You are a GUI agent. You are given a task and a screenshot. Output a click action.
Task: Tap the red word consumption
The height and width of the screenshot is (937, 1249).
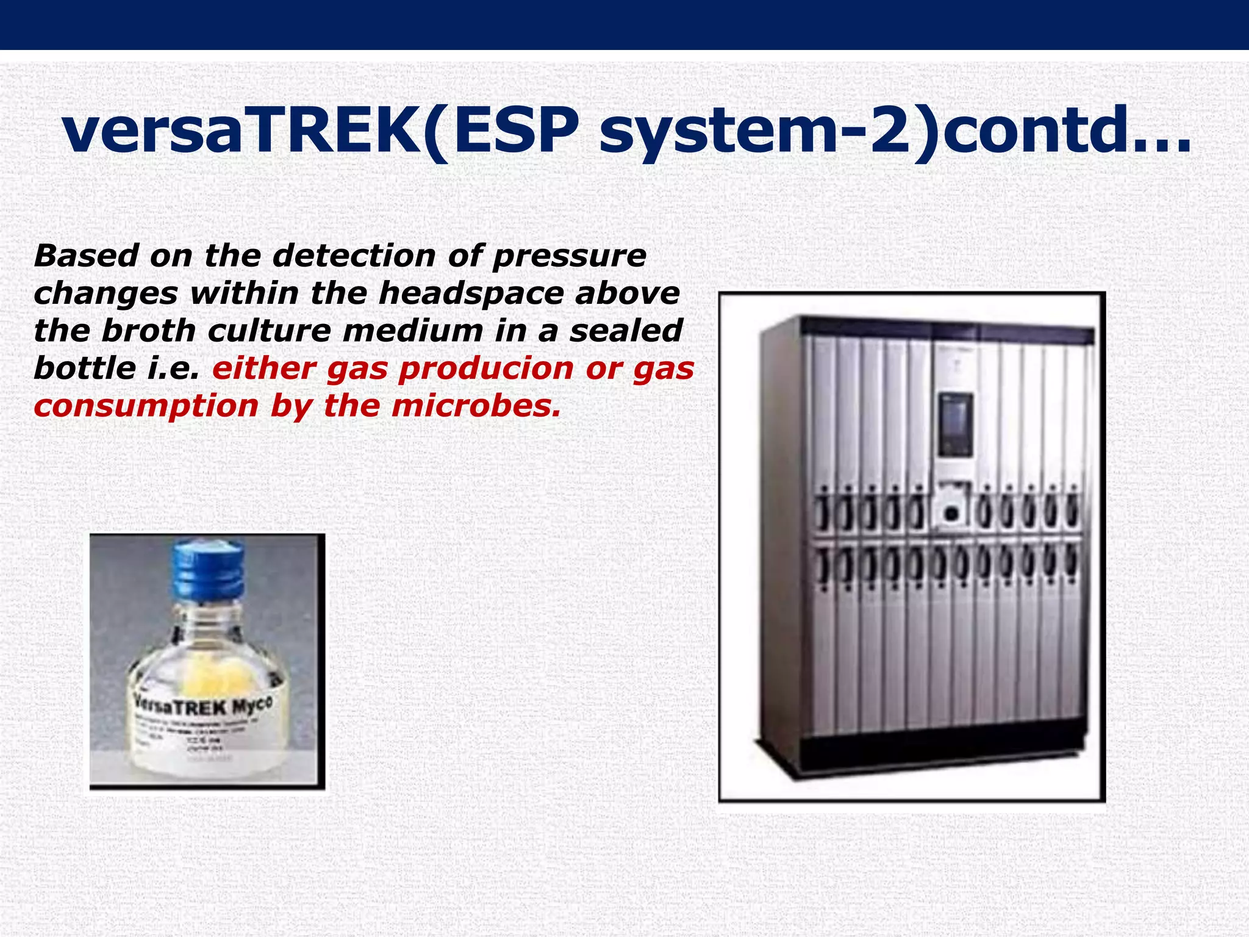(x=146, y=407)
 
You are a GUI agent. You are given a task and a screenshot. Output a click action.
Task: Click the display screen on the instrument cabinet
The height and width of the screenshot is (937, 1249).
(x=955, y=425)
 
